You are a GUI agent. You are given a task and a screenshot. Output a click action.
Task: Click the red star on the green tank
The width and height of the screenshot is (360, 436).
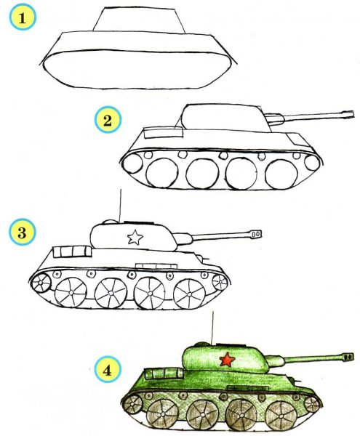point(226,359)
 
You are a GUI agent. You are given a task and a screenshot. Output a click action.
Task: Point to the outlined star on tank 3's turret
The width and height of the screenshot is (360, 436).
point(134,237)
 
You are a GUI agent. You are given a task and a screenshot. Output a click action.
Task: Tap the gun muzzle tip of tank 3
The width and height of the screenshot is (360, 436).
point(256,233)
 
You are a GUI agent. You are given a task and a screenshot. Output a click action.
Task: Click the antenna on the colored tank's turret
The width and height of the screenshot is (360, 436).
point(211,327)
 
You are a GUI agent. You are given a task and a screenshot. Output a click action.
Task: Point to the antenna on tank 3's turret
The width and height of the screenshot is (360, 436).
point(118,203)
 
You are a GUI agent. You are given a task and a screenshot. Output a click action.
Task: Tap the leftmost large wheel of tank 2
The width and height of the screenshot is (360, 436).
point(159,174)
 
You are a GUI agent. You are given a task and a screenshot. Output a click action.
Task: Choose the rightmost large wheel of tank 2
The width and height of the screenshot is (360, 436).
point(279,173)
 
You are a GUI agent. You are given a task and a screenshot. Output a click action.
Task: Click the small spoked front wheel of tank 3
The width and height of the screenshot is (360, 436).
point(44,280)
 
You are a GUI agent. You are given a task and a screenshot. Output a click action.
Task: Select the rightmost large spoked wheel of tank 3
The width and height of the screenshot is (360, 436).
point(191,293)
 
